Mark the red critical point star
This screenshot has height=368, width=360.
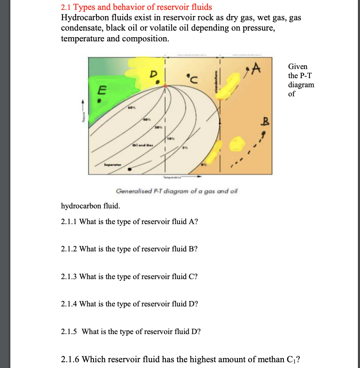click(166, 86)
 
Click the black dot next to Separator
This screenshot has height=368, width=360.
click(130, 169)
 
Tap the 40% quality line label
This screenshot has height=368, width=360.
click(146, 119)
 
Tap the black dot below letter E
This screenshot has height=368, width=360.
click(99, 100)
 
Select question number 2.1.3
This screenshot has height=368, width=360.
click(69, 276)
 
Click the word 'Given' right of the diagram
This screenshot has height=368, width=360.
click(298, 66)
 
